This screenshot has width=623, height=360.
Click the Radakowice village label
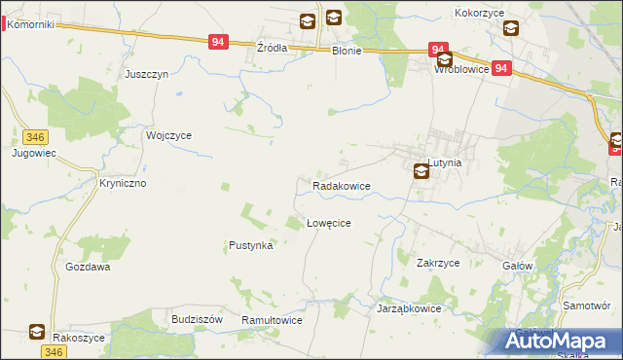(x=341, y=185)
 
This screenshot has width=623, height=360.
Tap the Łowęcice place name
(x=328, y=223)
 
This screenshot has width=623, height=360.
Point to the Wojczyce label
(x=168, y=136)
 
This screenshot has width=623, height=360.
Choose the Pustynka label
(x=250, y=246)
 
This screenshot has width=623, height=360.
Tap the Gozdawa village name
(x=88, y=266)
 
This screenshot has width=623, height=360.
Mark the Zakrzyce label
(x=438, y=263)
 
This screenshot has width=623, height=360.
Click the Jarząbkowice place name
(x=409, y=308)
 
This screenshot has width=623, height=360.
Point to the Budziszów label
(x=197, y=319)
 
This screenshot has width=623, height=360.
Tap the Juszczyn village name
(x=147, y=74)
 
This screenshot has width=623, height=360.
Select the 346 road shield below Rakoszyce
(x=54, y=352)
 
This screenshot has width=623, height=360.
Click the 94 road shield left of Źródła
(x=218, y=42)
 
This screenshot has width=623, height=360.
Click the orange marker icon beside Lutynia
(x=421, y=172)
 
